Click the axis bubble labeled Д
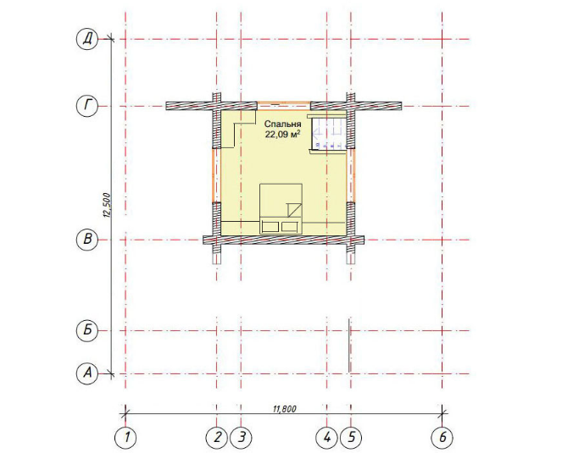pos(87,39)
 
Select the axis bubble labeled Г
pos(87,107)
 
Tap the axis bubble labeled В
pos(87,240)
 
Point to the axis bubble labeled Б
pos(87,330)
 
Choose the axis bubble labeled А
pos(87,374)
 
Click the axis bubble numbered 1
pos(125,438)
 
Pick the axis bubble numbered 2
pos(217,438)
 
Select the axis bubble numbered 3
pos(242,438)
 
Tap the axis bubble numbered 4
pos(326,438)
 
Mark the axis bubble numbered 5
pos(351,438)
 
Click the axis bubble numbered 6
pos(442,438)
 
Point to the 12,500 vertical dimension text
pos(107,205)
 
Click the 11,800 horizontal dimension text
pos(285,409)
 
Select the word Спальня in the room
pos(283,124)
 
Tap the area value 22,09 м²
pos(282,135)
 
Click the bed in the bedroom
pos(281,209)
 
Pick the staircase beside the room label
pos(329,132)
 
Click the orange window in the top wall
pos(284,105)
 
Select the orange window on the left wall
pos(216,175)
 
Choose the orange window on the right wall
pos(351,175)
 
